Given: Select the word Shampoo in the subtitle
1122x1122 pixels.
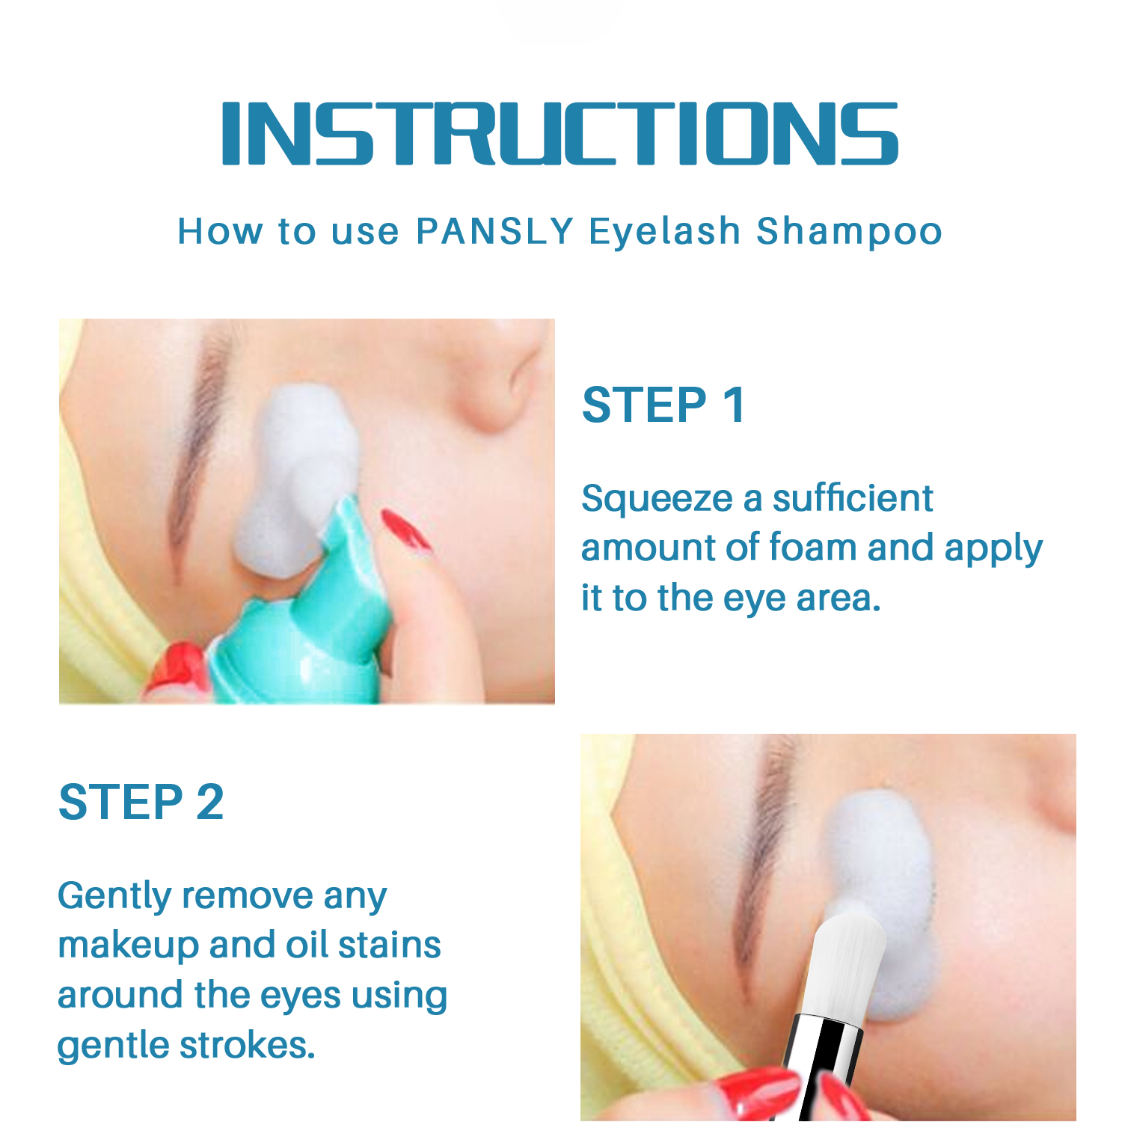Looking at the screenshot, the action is [x=849, y=232].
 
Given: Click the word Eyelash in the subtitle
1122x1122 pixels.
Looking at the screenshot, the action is [x=664, y=232].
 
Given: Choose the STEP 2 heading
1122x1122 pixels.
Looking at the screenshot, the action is [x=141, y=802].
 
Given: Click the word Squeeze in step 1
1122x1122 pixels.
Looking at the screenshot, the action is [x=657, y=500].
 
